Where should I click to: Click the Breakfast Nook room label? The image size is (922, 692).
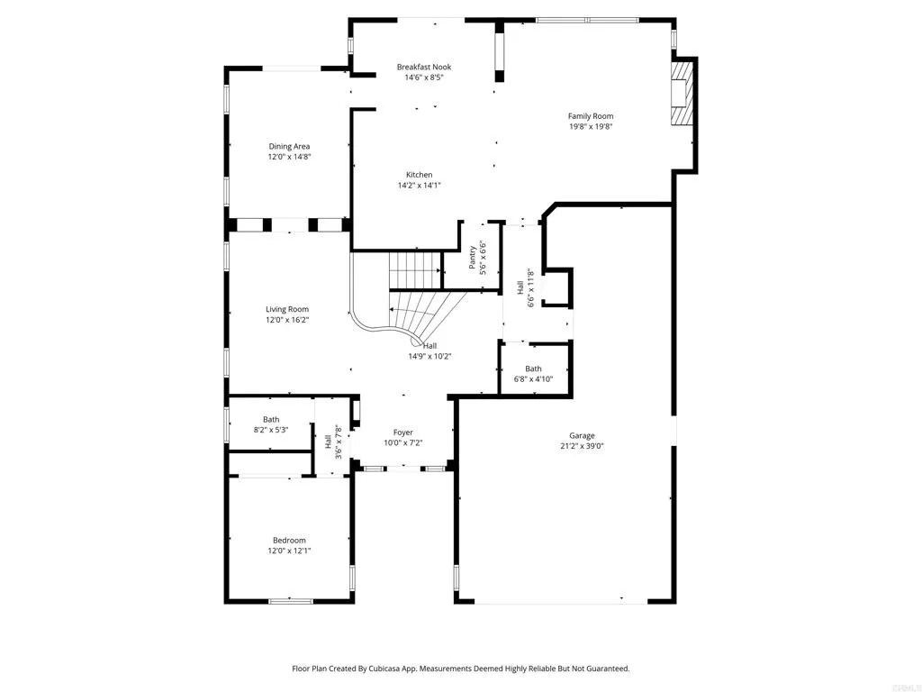click(x=424, y=67)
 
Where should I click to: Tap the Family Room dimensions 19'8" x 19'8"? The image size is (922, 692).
click(x=591, y=126)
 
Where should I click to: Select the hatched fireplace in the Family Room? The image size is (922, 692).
click(x=682, y=93)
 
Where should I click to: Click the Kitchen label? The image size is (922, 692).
click(x=420, y=175)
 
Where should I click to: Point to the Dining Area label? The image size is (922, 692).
click(x=289, y=147)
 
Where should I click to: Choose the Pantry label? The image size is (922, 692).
click(x=472, y=258)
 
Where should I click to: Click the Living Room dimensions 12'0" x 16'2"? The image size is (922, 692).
click(x=287, y=320)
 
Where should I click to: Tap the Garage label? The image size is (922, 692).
click(x=583, y=436)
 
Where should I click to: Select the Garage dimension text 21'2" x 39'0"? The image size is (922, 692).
click(x=583, y=446)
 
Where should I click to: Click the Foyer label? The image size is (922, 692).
click(x=403, y=432)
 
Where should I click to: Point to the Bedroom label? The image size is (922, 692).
click(x=289, y=541)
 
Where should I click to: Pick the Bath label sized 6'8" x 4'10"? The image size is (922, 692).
click(x=533, y=369)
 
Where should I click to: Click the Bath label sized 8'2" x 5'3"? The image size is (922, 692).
click(x=271, y=420)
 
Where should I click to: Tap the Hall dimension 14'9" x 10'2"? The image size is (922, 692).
click(x=429, y=356)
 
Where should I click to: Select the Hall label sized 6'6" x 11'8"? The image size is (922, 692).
click(x=520, y=287)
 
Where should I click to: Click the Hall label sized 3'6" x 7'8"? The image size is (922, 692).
click(x=328, y=442)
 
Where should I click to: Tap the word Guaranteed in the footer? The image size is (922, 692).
click(x=607, y=669)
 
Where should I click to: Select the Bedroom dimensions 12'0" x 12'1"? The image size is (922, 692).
click(x=289, y=551)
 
